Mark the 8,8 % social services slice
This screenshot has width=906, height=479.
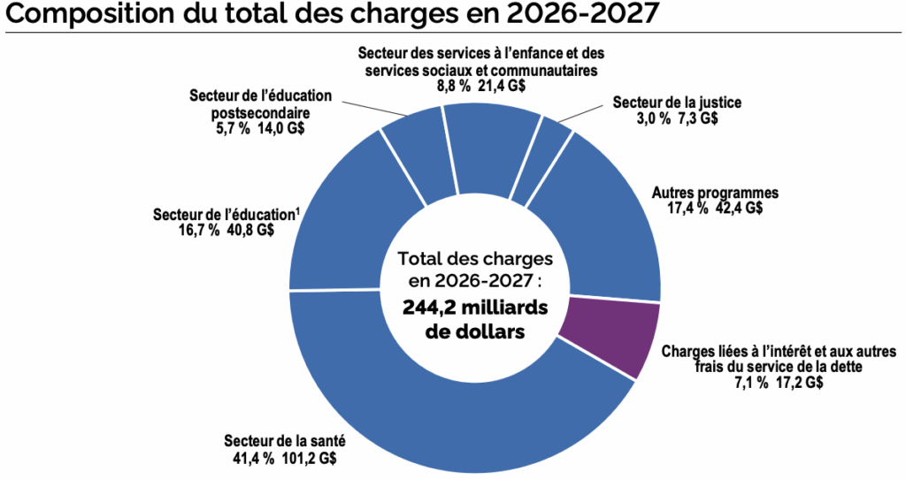(x=486, y=146)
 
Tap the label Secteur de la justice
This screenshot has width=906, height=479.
(x=676, y=103)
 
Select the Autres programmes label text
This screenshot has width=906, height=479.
(x=702, y=192)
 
